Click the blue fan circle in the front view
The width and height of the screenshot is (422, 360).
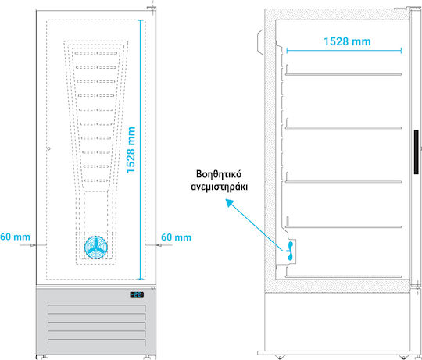tap(96, 248)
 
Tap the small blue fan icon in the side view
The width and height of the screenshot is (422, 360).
tap(290, 251)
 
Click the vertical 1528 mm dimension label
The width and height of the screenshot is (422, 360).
tap(131, 150)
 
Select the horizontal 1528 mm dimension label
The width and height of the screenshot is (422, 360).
tap(347, 41)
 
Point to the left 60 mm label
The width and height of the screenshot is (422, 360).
tap(15, 237)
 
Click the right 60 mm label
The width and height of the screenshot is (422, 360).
tap(176, 237)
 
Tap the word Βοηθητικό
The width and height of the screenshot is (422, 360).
tap(219, 174)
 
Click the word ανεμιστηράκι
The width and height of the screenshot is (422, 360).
tap(219, 187)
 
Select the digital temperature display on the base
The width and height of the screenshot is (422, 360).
tap(137, 294)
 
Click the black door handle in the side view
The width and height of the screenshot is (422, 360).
tap(416, 152)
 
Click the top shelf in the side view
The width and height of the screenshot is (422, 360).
tap(343, 73)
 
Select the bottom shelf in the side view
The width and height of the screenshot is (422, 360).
tap(343, 276)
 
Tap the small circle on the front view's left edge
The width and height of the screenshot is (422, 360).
tap(48, 148)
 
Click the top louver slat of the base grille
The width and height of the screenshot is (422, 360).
tap(96, 308)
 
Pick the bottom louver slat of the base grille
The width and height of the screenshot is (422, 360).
tap(96, 343)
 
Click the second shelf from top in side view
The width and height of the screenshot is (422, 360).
tap(343, 127)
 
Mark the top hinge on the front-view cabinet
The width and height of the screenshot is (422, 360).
tap(152, 9)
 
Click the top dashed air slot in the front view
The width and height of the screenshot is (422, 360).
tap(96, 53)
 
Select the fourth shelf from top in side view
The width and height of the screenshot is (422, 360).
tap(343, 226)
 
